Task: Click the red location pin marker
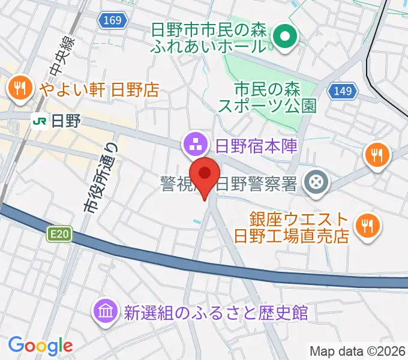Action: click(x=205, y=175)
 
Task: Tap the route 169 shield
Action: click(x=112, y=21)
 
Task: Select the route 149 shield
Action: click(x=343, y=91)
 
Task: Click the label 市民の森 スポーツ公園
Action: click(x=266, y=98)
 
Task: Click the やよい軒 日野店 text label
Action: click(x=99, y=90)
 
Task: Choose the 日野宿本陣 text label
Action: click(x=256, y=145)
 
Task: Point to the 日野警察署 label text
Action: click(x=256, y=182)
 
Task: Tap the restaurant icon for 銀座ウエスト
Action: click(x=366, y=226)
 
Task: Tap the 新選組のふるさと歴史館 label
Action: click(x=215, y=312)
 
